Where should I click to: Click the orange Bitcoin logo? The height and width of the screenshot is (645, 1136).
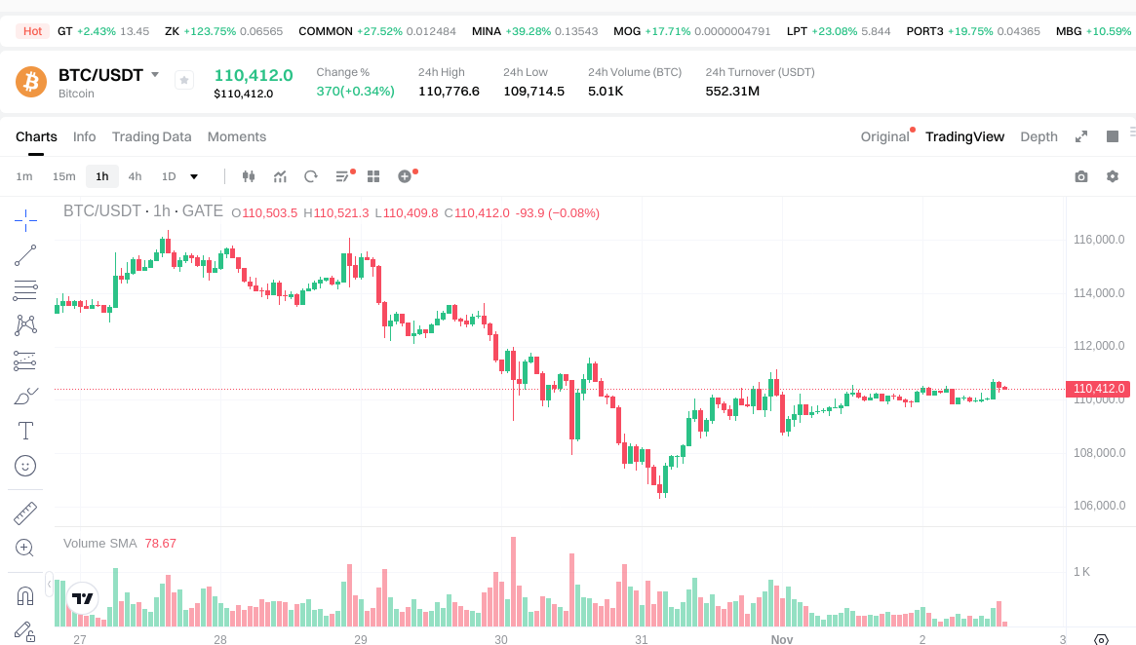click(x=31, y=82)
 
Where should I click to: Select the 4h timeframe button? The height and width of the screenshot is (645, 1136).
click(x=135, y=176)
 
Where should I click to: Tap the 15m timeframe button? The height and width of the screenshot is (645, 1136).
click(x=63, y=176)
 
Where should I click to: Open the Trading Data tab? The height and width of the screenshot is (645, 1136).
click(x=151, y=136)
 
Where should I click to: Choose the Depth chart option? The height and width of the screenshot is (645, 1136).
click(x=1038, y=136)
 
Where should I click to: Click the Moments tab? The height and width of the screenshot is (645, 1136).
click(x=237, y=136)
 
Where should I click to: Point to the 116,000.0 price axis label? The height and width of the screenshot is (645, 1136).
click(x=1099, y=240)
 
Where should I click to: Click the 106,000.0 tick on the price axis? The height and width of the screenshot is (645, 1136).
click(x=1099, y=506)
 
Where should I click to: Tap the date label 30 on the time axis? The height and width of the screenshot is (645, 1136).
click(x=501, y=640)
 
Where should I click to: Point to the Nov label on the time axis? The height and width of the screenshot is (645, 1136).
click(x=782, y=640)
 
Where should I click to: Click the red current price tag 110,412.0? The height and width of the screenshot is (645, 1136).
click(x=1099, y=389)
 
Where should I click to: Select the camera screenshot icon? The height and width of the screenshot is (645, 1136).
click(x=1081, y=176)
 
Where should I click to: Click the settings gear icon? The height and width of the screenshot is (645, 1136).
click(x=1113, y=176)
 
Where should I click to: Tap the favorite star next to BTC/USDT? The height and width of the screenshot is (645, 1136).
click(x=184, y=81)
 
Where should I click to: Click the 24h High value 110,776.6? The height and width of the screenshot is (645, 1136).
click(x=449, y=92)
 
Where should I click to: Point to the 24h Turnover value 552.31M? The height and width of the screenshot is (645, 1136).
click(x=732, y=92)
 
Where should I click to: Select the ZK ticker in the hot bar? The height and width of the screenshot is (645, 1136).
click(x=172, y=31)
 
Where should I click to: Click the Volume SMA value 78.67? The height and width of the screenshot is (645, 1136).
click(x=160, y=543)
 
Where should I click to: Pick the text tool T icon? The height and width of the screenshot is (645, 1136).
click(x=26, y=430)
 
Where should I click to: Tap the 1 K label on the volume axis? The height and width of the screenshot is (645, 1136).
click(x=1081, y=571)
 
